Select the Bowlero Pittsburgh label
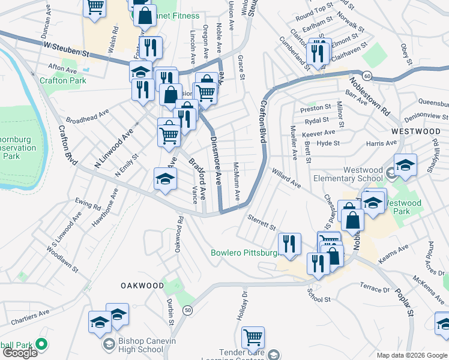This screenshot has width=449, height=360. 244,253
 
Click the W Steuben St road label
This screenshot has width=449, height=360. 65,49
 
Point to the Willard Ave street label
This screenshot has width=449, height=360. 286,178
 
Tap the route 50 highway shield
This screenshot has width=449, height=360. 188,310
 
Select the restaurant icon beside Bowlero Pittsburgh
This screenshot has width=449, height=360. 289,244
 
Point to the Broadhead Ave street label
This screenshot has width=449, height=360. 88,115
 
